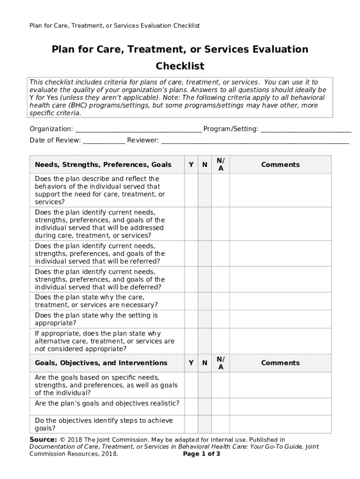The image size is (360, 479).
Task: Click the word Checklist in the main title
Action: pyautogui.click(x=180, y=66)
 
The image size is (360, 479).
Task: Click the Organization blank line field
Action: pyautogui.click(x=138, y=129)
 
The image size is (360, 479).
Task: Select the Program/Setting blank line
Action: pyautogui.click(x=306, y=129)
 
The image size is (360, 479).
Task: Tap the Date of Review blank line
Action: pyautogui.click(x=104, y=140)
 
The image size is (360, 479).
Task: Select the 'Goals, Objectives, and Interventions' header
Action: pyautogui.click(x=101, y=363)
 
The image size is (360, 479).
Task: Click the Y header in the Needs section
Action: pyautogui.click(x=191, y=165)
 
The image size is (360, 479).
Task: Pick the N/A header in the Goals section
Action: pyautogui.click(x=221, y=363)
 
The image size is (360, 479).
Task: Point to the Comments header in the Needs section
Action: pyautogui.click(x=280, y=165)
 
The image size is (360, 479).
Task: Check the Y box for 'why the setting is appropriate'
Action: pyautogui.click(x=191, y=319)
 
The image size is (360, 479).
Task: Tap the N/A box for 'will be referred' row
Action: pyautogui.click(x=221, y=254)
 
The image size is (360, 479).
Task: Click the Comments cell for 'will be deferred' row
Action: pyautogui.click(x=280, y=279)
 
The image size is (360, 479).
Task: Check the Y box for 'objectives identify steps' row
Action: pyautogui.click(x=191, y=424)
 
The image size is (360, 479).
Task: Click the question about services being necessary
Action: pyautogui.click(x=96, y=301)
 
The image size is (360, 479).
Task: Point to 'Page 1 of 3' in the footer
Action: pyautogui.click(x=202, y=454)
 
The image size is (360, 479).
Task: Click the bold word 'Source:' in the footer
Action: pyautogui.click(x=43, y=440)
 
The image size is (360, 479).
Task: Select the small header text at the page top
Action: pyautogui.click(x=115, y=26)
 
